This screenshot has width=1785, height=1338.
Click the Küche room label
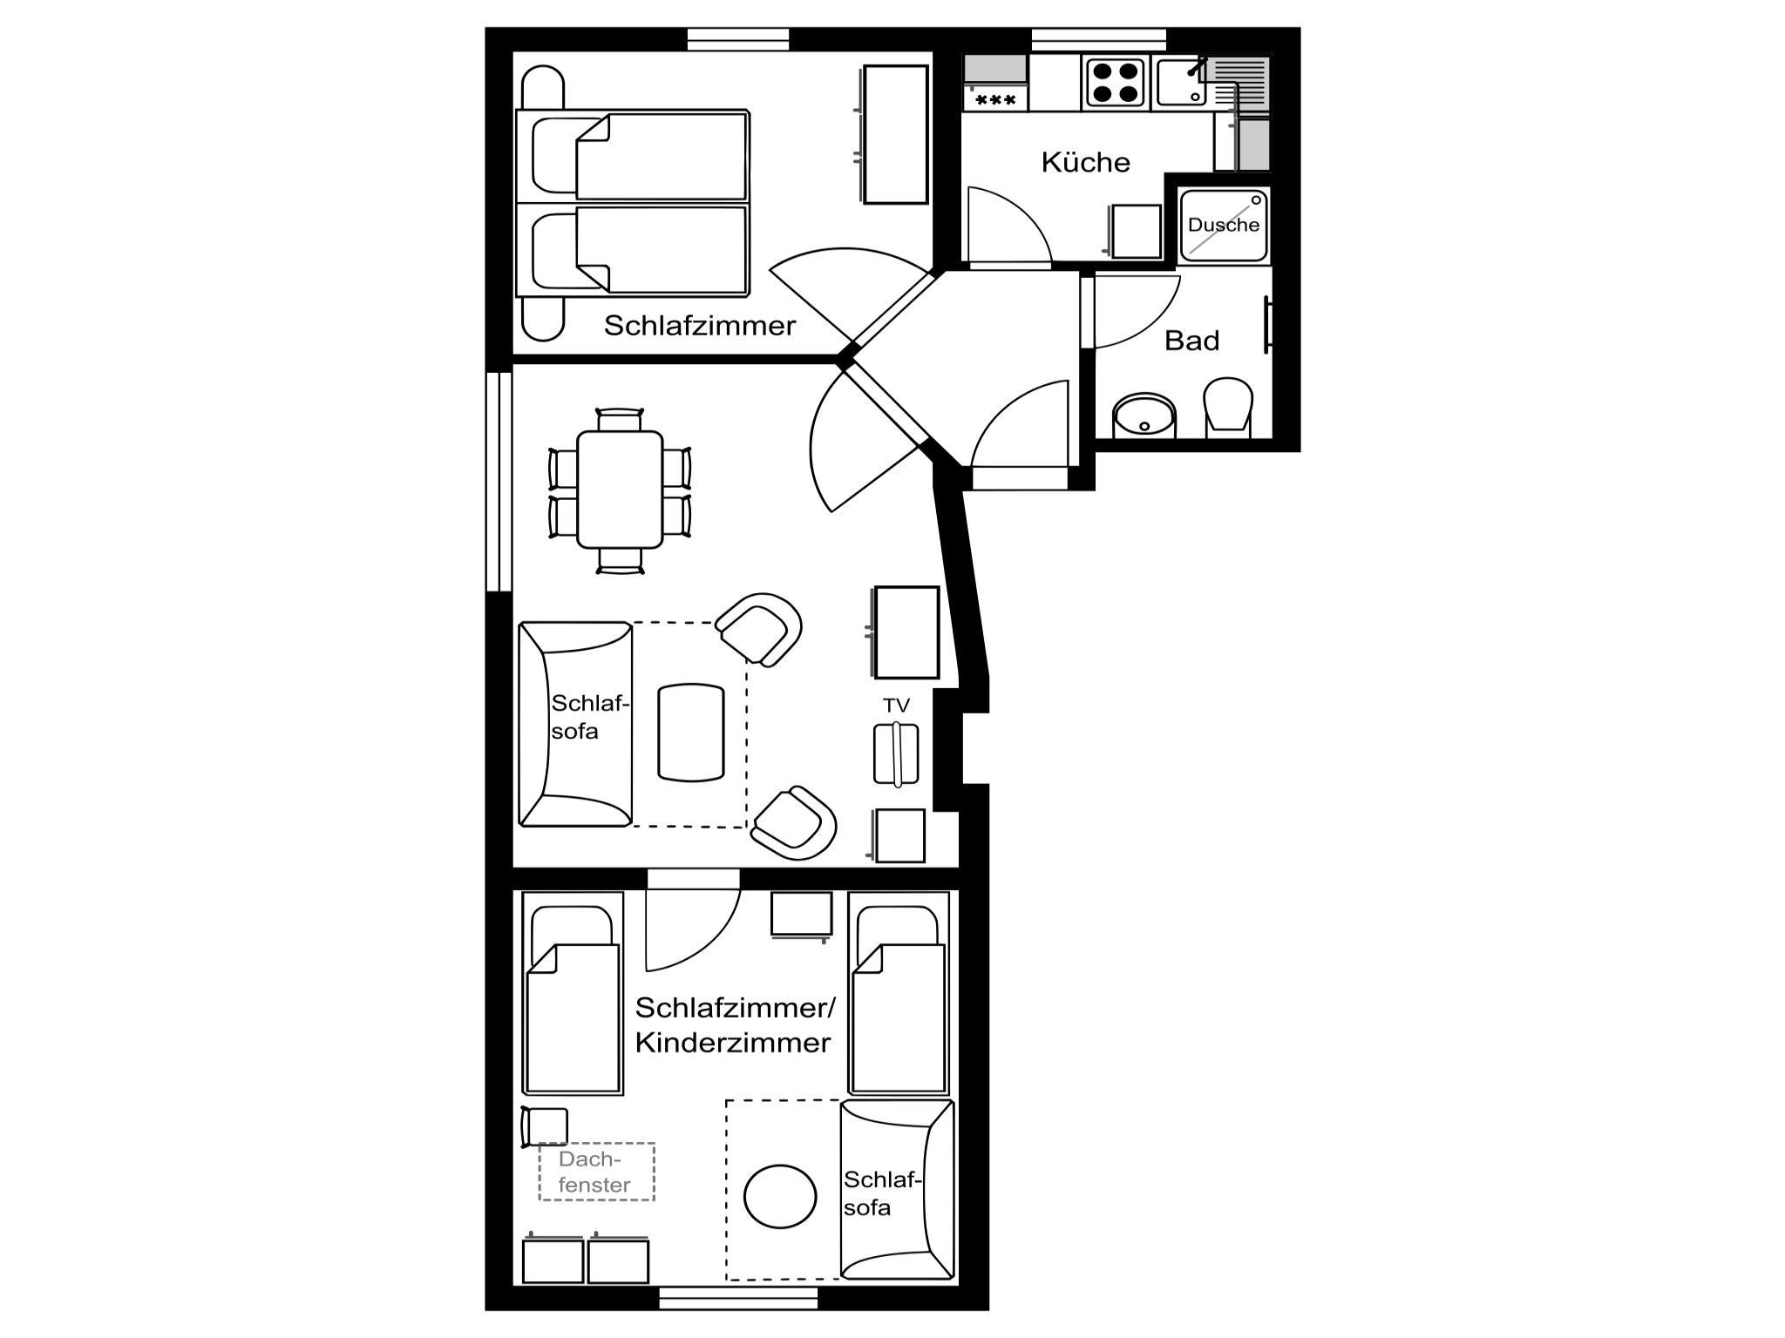(x=1085, y=162)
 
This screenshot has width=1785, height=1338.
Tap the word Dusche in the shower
(x=1224, y=225)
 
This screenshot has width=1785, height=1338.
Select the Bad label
(x=1191, y=341)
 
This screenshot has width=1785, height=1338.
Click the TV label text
(x=896, y=706)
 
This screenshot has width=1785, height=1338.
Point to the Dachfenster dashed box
(x=596, y=1172)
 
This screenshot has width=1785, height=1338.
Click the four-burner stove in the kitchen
(x=1113, y=82)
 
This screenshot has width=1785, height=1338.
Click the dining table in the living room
(x=620, y=490)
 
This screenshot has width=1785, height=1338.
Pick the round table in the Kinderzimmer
(x=780, y=1197)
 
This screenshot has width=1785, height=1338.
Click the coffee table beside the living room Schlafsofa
(x=691, y=733)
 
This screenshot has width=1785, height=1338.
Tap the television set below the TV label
(x=896, y=754)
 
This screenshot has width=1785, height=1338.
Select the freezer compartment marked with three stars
(x=995, y=99)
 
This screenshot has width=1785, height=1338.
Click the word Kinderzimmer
(x=733, y=1043)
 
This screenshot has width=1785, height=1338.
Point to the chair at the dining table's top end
(x=620, y=419)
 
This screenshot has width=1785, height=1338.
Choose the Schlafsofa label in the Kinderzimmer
(x=880, y=1193)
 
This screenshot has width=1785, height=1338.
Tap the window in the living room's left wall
(x=499, y=482)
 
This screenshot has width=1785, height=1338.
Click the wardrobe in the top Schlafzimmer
(x=895, y=135)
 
